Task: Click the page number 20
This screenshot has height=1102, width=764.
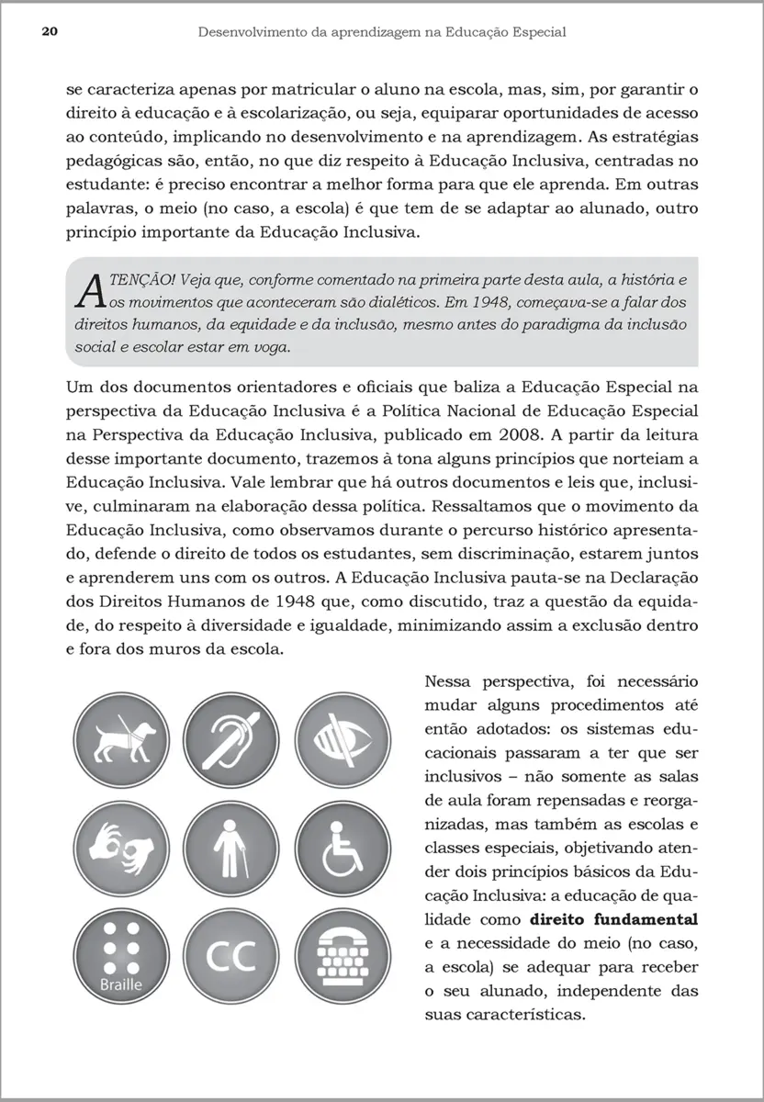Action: pyautogui.click(x=50, y=32)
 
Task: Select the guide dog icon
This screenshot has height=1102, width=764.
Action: pyautogui.click(x=125, y=738)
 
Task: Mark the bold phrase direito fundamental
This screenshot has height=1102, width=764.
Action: pyautogui.click(x=614, y=918)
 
